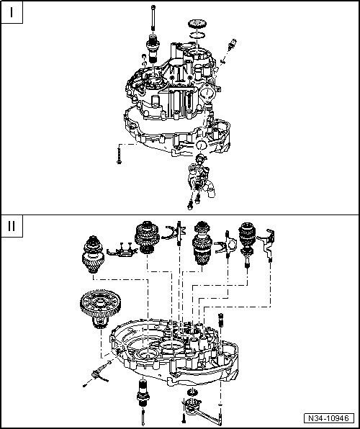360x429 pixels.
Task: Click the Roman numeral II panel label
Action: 12,225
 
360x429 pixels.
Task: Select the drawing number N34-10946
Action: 331,418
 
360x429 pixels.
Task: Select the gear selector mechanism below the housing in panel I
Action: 198,180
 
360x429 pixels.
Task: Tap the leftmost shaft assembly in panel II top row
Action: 94,256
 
